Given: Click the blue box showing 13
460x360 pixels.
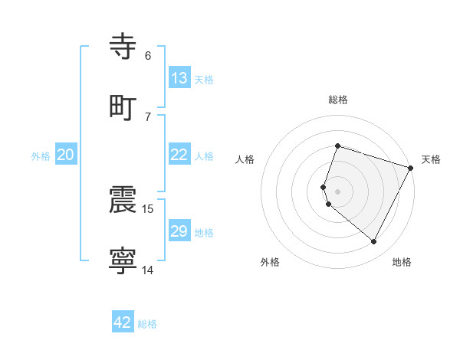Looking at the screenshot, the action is click(179, 78).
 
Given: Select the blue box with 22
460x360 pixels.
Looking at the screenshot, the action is click(179, 155).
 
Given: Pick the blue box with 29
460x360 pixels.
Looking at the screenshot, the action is click(179, 231).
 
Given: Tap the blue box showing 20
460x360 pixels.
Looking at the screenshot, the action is click(66, 155).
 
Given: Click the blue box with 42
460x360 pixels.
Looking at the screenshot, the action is click(123, 322).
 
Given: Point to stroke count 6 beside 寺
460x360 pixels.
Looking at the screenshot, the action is click(148, 56).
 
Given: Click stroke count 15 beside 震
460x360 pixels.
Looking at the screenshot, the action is click(149, 208).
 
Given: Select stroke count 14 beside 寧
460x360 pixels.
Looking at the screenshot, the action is click(149, 270).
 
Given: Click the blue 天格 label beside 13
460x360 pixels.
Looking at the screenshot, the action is click(204, 80).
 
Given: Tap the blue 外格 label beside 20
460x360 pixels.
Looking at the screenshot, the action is click(41, 156).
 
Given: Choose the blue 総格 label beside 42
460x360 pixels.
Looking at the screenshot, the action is click(147, 324).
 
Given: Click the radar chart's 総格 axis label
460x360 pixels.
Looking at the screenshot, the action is click(338, 100).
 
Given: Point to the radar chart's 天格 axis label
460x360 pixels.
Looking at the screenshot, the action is click(431, 159).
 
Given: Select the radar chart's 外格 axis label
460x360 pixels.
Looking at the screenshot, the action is click(270, 262).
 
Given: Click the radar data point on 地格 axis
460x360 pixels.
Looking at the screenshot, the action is click(374, 242).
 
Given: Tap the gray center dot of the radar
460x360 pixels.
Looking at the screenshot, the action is click(338, 191).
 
